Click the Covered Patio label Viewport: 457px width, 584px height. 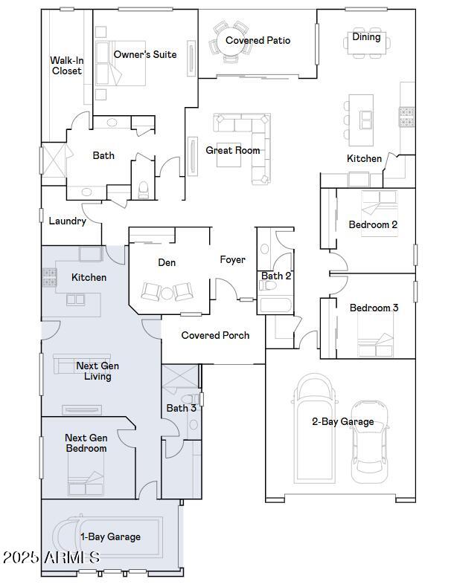point(258,40)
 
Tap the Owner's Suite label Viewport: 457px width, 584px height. point(145,54)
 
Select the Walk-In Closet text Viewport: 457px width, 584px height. point(67,65)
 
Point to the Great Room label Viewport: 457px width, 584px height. point(233,150)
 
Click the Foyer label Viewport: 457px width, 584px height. point(232,259)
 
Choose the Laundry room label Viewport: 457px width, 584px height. point(68,221)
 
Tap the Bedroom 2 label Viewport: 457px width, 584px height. point(373,224)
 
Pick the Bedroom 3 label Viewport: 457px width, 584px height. point(374,308)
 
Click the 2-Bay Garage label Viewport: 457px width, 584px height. point(343,421)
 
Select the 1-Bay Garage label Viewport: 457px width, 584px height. point(111,536)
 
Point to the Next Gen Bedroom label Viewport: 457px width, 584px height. point(86,443)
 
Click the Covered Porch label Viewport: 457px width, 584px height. point(215,335)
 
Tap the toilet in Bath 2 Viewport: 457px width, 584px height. point(268,285)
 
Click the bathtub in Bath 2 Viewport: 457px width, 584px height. point(275,305)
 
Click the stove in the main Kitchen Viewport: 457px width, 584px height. point(407,117)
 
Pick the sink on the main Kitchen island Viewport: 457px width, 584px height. point(365,120)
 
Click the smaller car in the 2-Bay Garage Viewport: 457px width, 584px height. point(370,442)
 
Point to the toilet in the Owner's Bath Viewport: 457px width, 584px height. point(143,190)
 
